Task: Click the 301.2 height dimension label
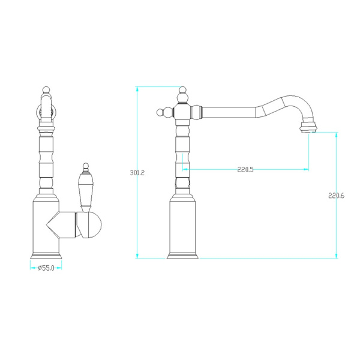pos(137,173)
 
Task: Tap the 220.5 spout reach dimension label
pos(245,170)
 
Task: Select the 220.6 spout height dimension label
pos(337,196)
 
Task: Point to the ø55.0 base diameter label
pos(46,268)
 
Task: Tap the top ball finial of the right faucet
pos(182,90)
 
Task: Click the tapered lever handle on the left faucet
pos(85,191)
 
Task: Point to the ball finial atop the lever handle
pos(85,166)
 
